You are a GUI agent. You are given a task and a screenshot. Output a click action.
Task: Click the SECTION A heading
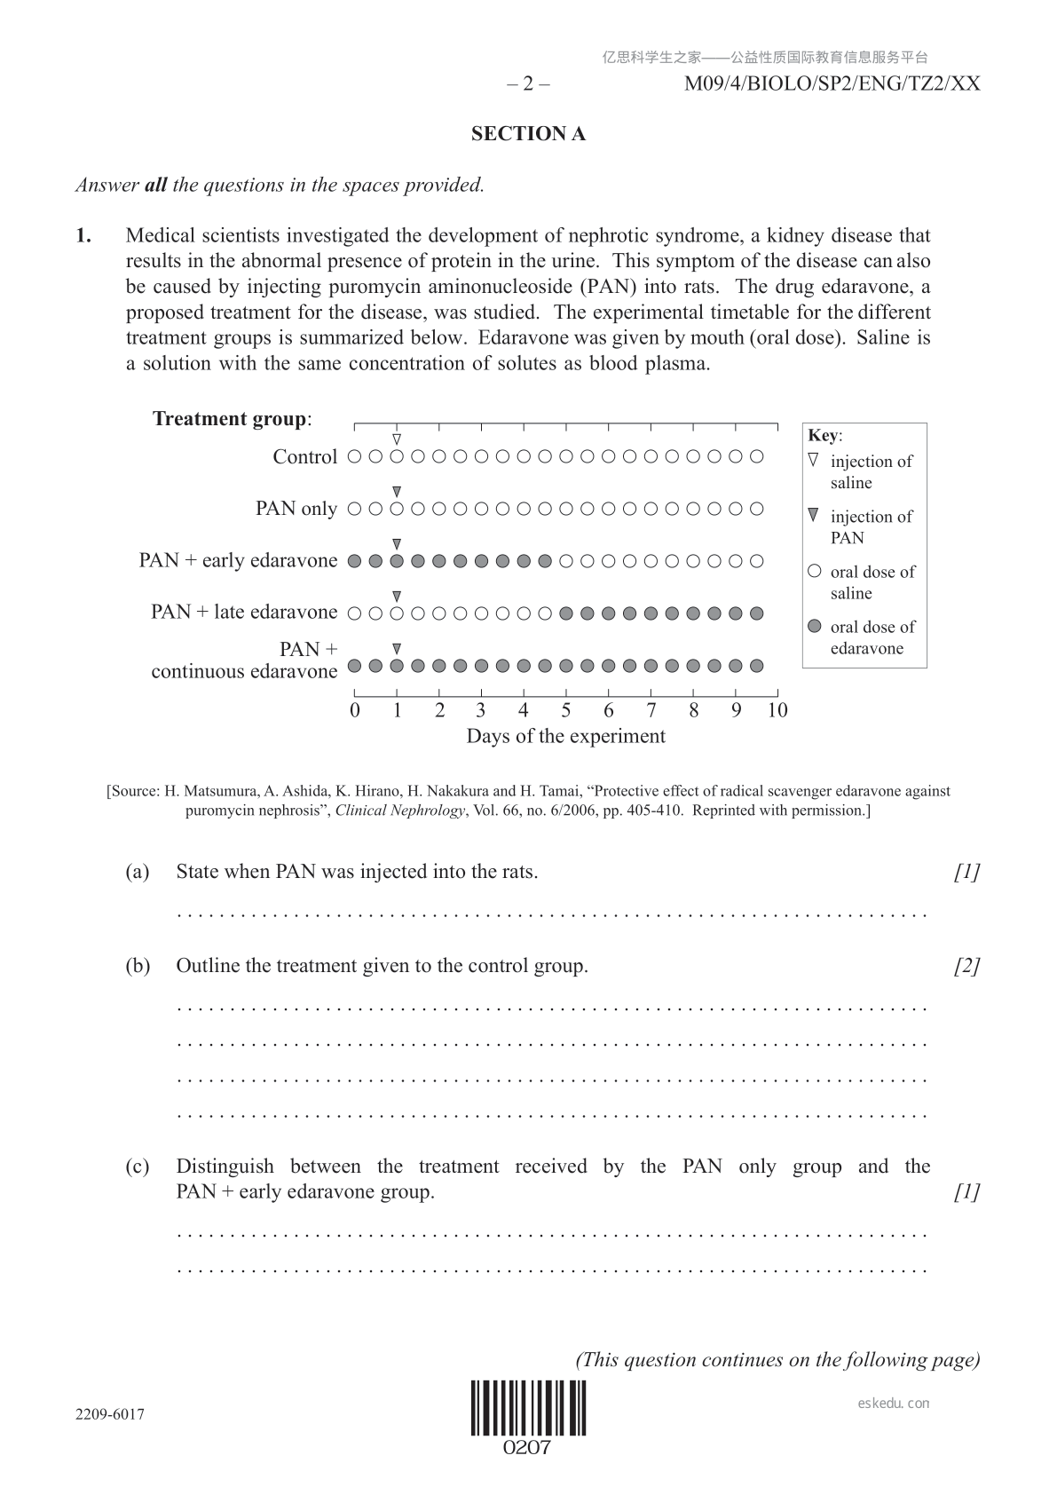528,134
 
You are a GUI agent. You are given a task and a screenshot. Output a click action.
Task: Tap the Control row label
304,457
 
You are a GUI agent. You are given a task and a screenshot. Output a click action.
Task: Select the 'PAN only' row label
296,509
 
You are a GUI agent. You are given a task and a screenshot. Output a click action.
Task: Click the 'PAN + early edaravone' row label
238,560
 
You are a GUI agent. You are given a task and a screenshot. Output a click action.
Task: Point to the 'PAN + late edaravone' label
244,612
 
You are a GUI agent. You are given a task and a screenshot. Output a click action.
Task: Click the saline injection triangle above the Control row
397,439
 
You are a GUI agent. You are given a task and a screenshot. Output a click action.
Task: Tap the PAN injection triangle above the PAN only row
397,491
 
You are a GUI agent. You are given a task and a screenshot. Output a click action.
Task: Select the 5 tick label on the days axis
565,710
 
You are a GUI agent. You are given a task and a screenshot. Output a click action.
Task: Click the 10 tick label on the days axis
777,710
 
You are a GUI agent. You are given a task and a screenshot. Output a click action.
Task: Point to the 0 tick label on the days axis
355,710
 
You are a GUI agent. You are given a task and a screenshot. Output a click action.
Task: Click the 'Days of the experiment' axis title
565,736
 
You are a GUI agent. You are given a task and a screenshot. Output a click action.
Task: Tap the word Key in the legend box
824,435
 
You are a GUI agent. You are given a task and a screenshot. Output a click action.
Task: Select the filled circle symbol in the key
815,627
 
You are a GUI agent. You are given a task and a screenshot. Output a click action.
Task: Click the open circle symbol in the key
815,572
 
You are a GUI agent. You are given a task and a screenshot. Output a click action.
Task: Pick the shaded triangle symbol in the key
814,516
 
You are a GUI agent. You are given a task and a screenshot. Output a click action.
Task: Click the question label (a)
138,872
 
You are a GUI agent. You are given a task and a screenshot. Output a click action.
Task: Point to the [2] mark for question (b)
966,966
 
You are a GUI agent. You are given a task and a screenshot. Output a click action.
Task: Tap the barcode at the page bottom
528,1408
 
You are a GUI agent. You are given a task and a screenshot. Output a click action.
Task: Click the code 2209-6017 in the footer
110,1414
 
